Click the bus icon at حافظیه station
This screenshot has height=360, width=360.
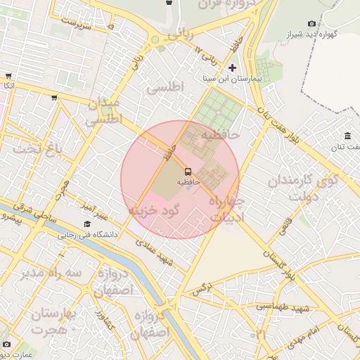188,172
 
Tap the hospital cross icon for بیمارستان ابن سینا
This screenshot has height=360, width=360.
233,68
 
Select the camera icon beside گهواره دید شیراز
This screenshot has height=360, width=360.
312,23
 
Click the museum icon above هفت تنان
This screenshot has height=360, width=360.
347,136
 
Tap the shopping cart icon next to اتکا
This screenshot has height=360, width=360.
8,76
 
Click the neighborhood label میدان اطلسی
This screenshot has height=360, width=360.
103,112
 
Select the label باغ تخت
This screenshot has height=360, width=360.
39,148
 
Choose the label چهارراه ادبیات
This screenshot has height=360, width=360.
225,209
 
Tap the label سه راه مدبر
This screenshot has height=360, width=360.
52,272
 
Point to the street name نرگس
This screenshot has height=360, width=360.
202,289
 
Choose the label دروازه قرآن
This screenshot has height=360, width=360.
219,5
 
